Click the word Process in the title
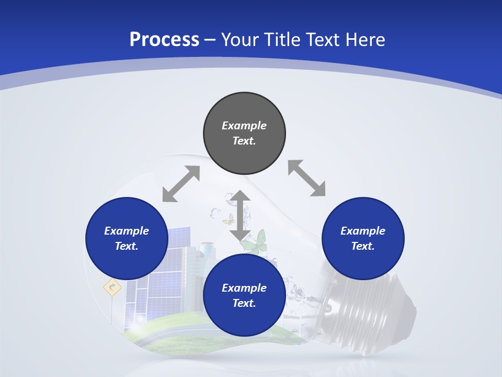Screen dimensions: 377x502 tap(164, 39)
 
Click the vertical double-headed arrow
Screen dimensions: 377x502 tap(240, 215)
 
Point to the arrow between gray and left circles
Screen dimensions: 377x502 tap(181, 184)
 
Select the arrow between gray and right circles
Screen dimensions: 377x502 tap(306, 178)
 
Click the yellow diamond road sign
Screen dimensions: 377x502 tap(112, 287)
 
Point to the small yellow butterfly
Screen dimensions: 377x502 tap(229, 219)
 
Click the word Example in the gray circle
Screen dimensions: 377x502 tap(244, 126)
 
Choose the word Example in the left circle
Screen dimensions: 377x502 tap(127, 231)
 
